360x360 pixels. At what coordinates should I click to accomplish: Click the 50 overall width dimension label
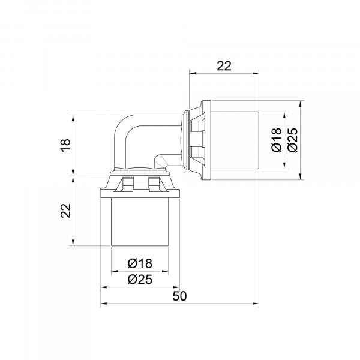coord(179,296)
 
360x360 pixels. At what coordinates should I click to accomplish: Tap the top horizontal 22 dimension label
coord(224,66)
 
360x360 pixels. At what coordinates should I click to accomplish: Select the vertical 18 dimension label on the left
coord(65,145)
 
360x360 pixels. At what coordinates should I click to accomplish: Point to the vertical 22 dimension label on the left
coord(65,211)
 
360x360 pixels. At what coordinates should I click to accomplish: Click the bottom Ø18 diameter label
coord(140,263)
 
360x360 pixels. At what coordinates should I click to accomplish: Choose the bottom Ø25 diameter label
coord(140,280)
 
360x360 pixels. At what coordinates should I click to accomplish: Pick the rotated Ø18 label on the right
coord(277,140)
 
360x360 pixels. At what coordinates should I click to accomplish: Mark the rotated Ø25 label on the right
coord(293,140)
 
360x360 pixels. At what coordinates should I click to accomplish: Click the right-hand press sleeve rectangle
coord(235,140)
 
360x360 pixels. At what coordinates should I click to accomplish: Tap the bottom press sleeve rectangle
coord(140,222)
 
